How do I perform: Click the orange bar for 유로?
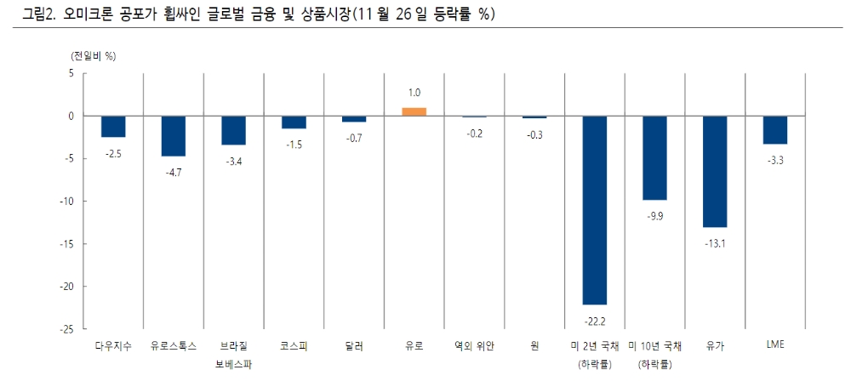[x=414, y=111]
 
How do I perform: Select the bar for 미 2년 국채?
[x=594, y=209]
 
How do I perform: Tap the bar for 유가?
[x=715, y=171]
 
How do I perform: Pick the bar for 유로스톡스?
[x=174, y=136]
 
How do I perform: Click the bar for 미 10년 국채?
[x=654, y=157]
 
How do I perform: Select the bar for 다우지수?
[x=113, y=127]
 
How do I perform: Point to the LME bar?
[x=774, y=130]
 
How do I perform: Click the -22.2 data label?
[x=594, y=321]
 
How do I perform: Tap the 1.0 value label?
[x=414, y=92]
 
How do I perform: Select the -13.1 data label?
[x=715, y=243]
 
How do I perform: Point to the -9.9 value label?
[x=654, y=216]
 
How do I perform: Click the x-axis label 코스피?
[x=294, y=346]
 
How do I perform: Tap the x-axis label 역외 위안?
[x=474, y=346]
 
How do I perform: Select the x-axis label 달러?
[x=354, y=346]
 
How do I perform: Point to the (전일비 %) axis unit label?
[x=94, y=55]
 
